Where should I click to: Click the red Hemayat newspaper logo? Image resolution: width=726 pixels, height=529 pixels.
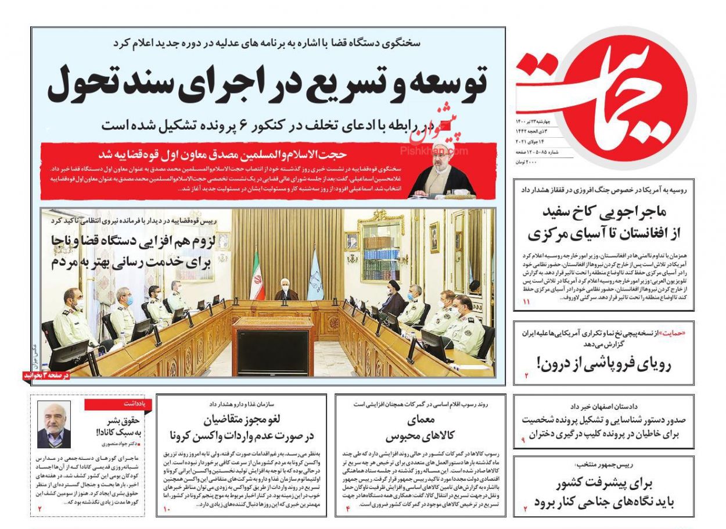pos(604,93)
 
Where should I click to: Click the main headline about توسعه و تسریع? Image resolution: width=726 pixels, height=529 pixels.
pos(267,83)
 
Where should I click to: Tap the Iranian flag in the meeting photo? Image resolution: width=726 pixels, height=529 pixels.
pos(256,277)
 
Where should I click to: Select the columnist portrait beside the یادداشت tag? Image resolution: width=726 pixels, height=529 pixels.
pos(54,424)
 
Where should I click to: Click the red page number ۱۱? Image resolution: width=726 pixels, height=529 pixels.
pos(527,302)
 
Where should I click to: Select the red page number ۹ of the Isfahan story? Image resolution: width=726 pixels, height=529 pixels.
pos(523,440)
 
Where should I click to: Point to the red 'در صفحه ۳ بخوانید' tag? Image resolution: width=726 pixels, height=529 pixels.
pos(46,376)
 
